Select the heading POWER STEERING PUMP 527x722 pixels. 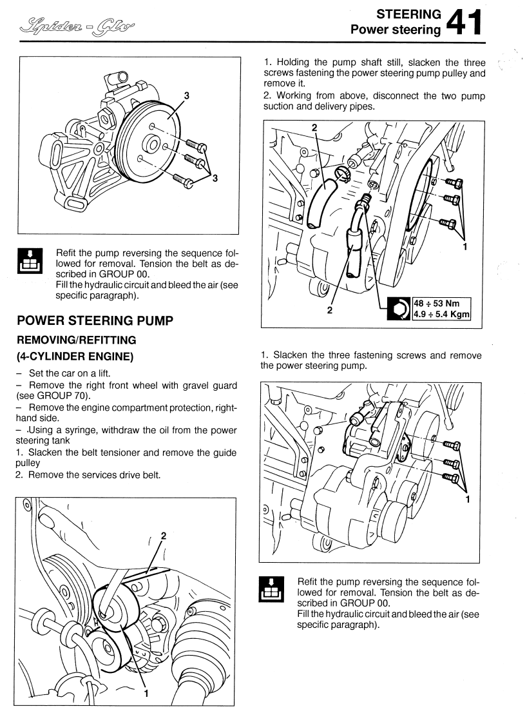(x=95, y=321)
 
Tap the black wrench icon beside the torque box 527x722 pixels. (x=398, y=309)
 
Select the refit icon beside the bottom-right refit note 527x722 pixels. (x=270, y=588)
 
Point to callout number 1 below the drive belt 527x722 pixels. (x=146, y=694)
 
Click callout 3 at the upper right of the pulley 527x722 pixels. (x=187, y=95)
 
